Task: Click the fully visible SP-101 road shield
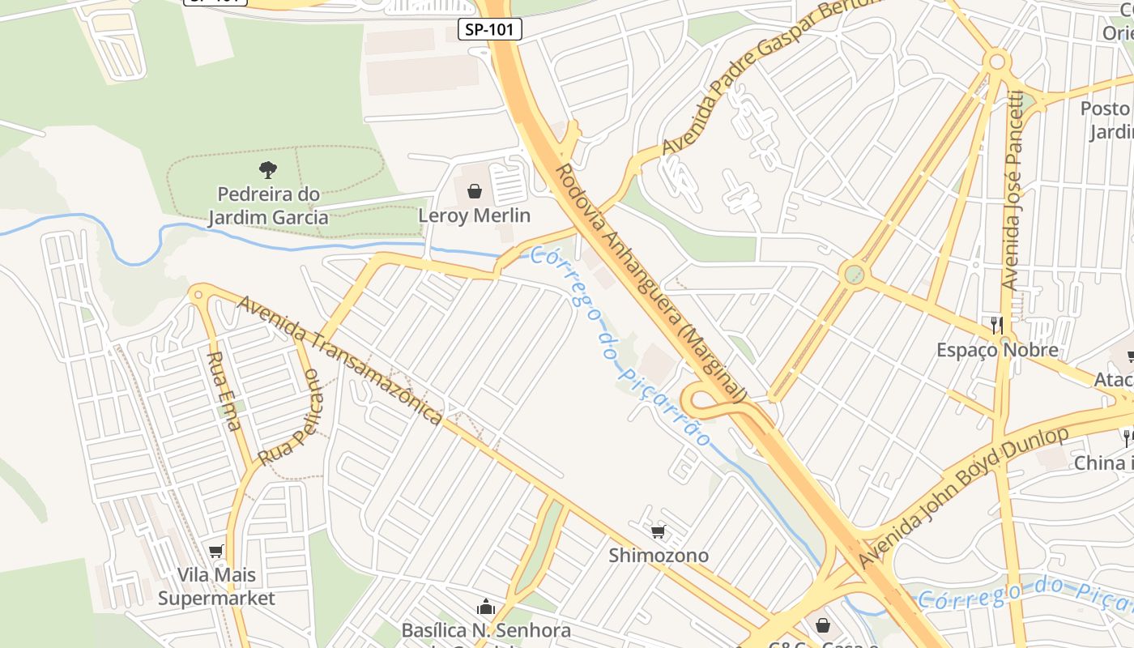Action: [490, 30]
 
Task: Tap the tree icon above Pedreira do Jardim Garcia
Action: [268, 170]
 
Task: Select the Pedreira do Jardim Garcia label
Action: [268, 206]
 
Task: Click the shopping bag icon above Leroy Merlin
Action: [475, 192]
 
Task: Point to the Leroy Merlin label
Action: [474, 215]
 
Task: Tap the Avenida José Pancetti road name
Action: [1013, 190]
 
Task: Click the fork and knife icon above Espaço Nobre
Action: [997, 326]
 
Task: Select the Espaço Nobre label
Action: [997, 350]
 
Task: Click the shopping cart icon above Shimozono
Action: [659, 532]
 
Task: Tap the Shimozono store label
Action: [659, 556]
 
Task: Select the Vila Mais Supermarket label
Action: [216, 586]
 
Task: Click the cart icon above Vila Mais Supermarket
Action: [215, 552]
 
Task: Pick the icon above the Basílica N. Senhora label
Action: [486, 607]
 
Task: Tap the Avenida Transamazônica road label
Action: [340, 358]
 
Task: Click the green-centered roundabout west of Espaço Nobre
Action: [853, 274]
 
